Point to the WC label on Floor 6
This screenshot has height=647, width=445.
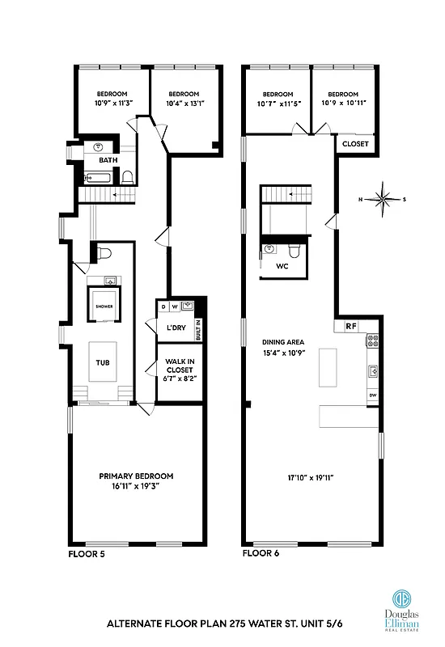[x=282, y=265]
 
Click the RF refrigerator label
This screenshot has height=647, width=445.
[x=350, y=326]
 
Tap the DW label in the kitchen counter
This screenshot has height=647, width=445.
[x=373, y=395]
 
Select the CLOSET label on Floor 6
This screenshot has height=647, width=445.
[x=355, y=144]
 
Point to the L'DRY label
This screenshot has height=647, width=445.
[x=176, y=327]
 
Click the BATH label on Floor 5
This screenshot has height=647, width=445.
[x=108, y=160]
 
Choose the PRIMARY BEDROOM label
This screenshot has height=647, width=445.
[x=136, y=476]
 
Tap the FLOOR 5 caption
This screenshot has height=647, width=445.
[x=87, y=555]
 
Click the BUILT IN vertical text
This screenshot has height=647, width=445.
[x=198, y=329]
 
